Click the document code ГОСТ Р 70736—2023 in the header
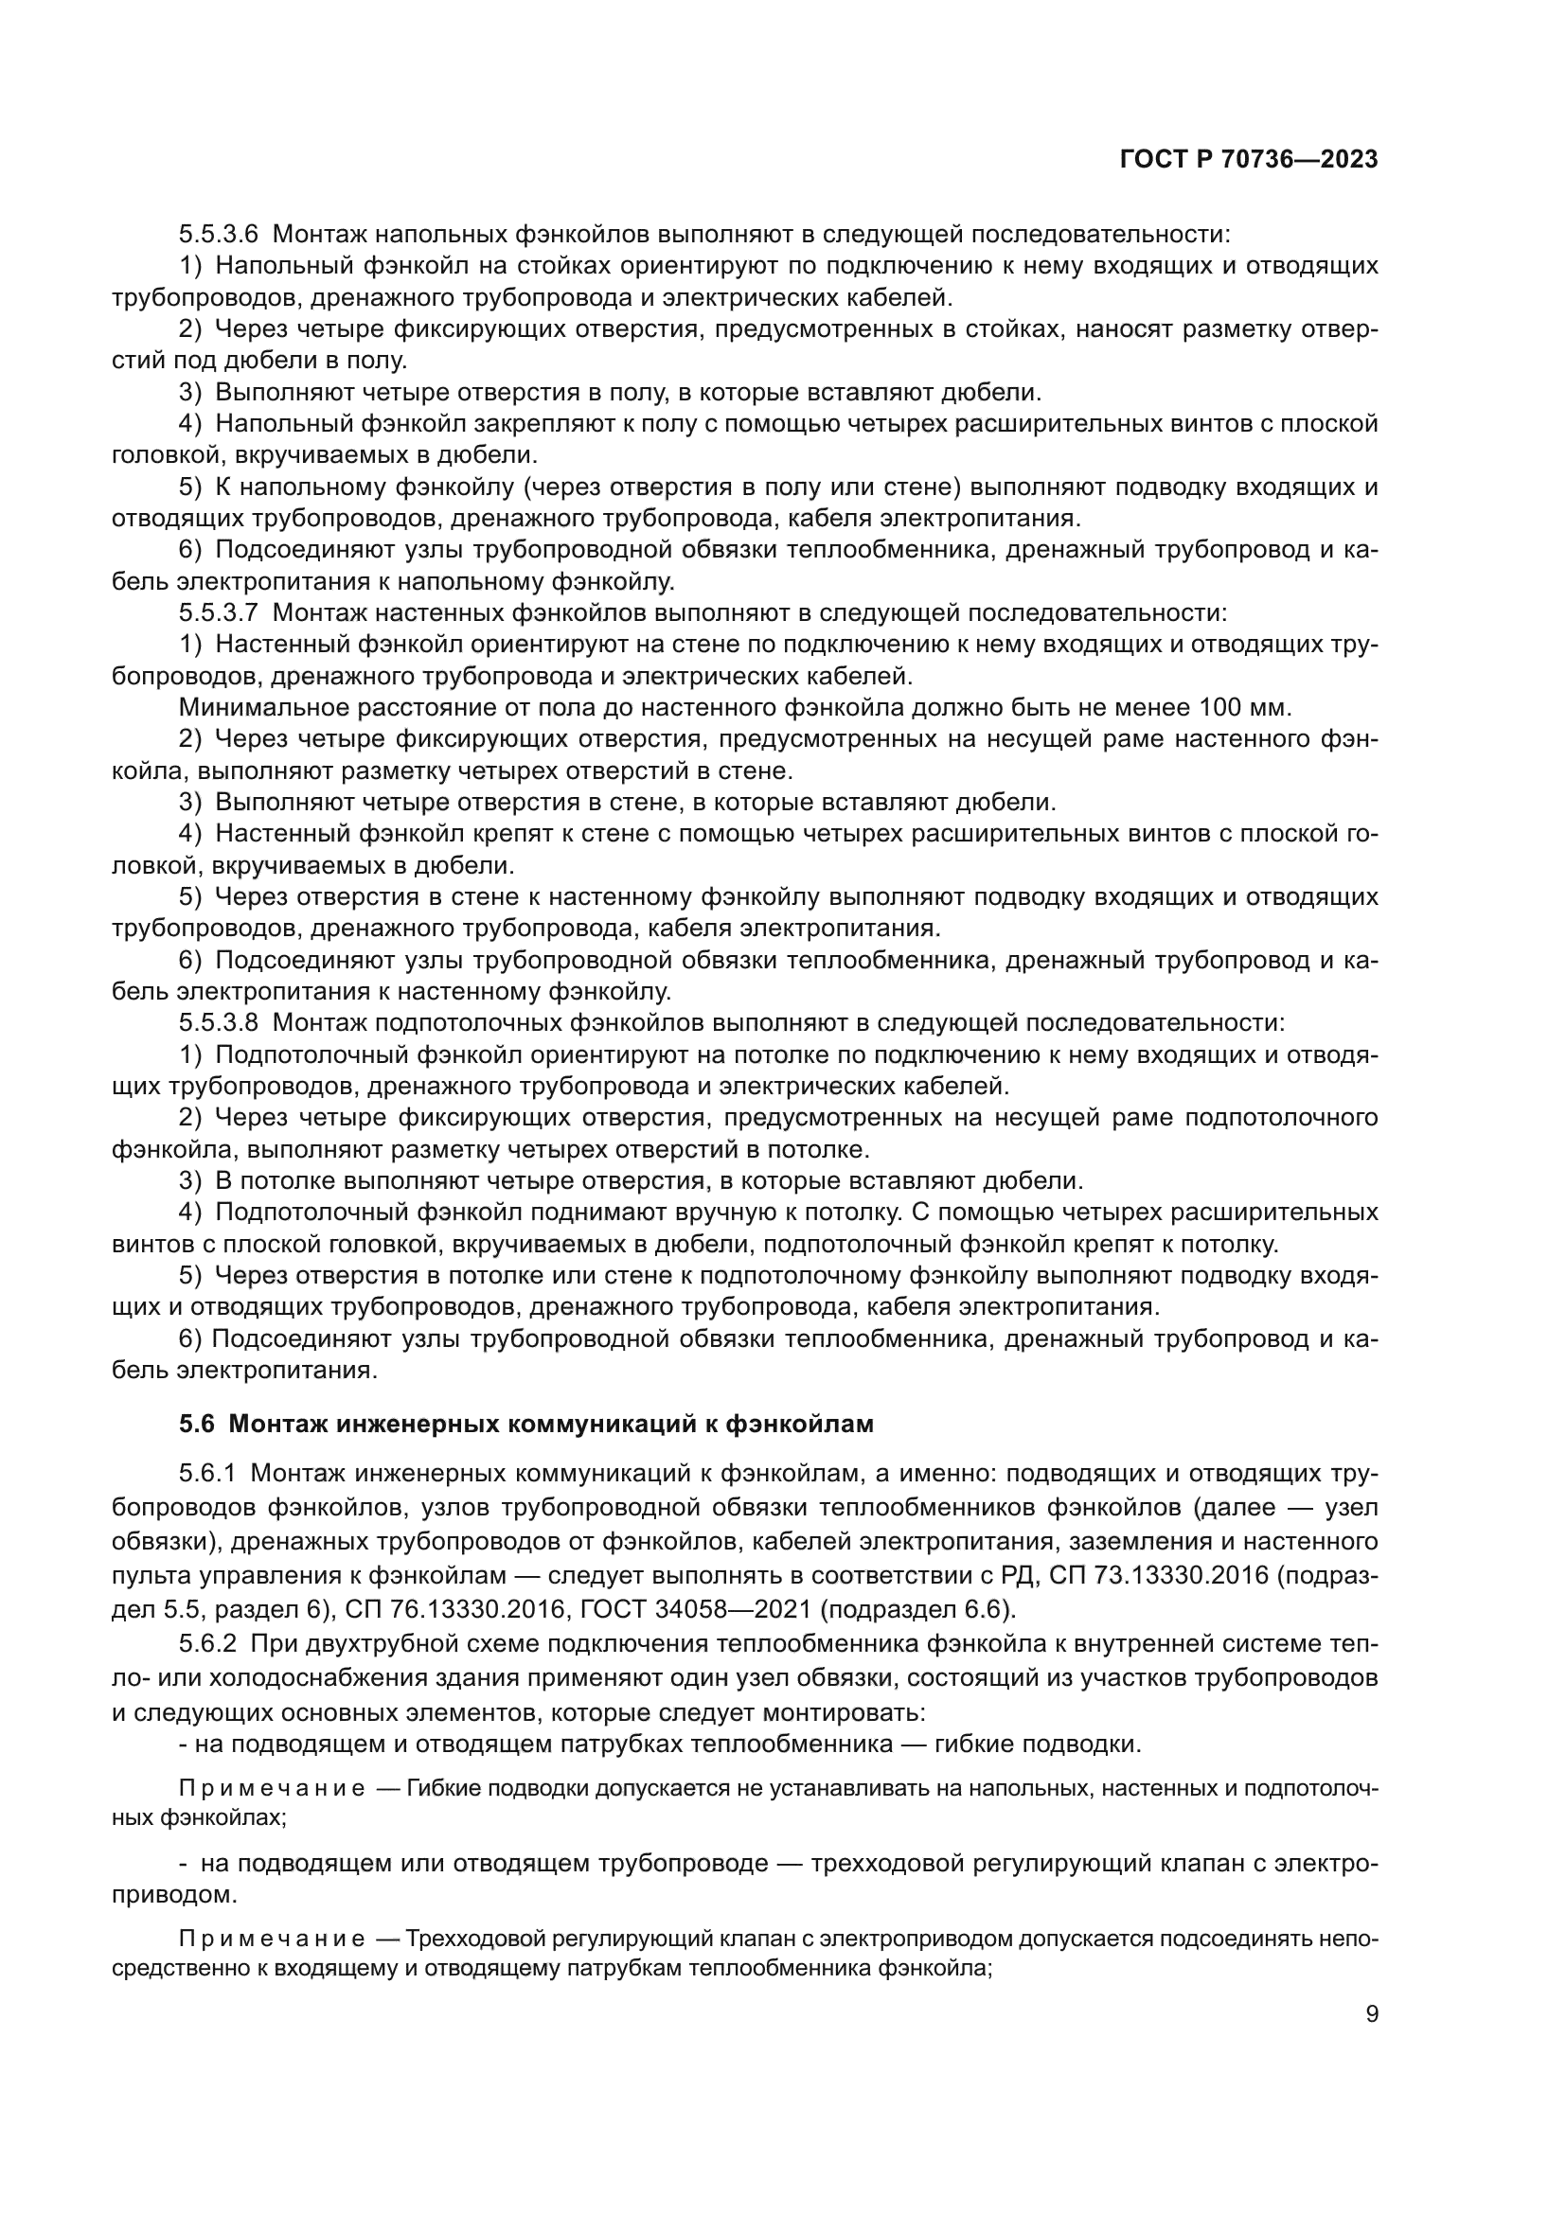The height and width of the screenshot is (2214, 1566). (1249, 160)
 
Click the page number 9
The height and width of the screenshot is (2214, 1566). (1372, 2014)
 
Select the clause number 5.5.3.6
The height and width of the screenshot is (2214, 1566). (218, 235)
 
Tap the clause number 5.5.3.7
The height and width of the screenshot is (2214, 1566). (218, 613)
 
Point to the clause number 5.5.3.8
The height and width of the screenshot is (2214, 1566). (218, 1023)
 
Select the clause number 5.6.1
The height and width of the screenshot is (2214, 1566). (207, 1474)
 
